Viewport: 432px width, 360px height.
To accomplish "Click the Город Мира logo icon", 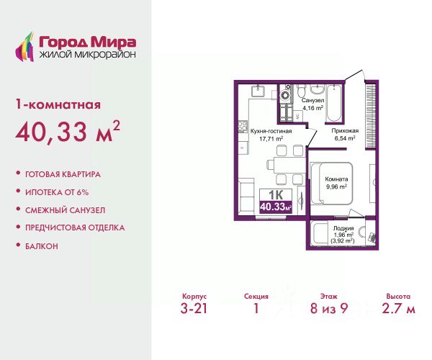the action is (x=24, y=47).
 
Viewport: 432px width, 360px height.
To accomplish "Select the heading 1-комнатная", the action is (x=58, y=105).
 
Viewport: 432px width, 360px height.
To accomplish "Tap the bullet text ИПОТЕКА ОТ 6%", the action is (x=57, y=192).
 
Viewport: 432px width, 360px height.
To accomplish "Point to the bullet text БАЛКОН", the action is (x=42, y=246).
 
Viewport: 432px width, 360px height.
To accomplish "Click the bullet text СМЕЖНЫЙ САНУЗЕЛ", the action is (x=66, y=210).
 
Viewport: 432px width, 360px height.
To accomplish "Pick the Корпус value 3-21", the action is (x=194, y=308).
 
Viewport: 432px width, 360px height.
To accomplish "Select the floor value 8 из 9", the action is (x=329, y=308).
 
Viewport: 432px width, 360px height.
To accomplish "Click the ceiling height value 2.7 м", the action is (x=398, y=308).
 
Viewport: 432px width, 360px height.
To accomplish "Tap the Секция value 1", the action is (x=256, y=308).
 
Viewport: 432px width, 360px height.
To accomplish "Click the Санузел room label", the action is (x=312, y=101).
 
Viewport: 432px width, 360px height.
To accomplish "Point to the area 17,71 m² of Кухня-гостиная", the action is (x=271, y=138).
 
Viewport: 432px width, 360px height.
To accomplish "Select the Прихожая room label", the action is (x=345, y=131).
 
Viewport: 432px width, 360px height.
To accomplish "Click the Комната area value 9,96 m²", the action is (x=336, y=186).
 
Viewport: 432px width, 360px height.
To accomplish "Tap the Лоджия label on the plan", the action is (x=343, y=228).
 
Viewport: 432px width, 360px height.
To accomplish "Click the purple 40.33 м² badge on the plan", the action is (x=276, y=207).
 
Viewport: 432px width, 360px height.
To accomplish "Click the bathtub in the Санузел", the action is (x=334, y=102).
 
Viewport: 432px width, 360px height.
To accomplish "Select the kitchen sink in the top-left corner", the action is (x=258, y=91).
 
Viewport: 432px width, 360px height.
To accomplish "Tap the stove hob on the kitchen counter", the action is (x=243, y=127).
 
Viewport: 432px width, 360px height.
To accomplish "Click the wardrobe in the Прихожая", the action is (x=370, y=117).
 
